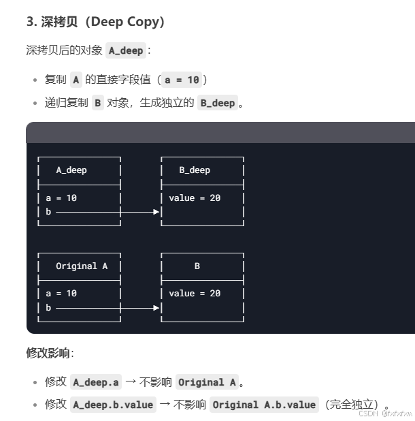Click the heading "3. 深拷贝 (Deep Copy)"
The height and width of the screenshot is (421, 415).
coord(96,22)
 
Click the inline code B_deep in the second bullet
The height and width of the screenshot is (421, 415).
coord(217,103)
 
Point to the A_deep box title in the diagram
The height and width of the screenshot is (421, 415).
coord(71,170)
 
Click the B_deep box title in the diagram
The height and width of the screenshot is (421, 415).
coord(195,170)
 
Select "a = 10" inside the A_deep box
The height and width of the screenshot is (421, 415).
coord(61,198)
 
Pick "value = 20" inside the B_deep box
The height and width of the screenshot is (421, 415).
coord(195,198)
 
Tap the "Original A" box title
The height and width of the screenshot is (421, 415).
coord(82,266)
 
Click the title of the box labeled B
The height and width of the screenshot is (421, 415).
coord(197,266)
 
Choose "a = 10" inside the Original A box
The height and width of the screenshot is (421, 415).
coord(61,294)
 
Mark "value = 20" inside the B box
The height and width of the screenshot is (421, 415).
coord(195,294)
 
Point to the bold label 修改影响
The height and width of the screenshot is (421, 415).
coord(48,354)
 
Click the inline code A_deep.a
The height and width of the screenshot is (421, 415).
coord(95,382)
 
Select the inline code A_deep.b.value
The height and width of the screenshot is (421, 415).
coord(114,405)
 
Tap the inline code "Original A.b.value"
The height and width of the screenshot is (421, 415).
coord(264,405)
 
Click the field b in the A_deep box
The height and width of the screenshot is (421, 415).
coord(48,212)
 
